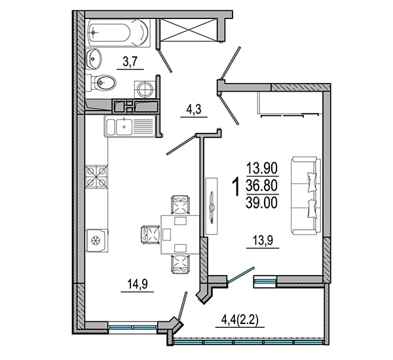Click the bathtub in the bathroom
click(x=118, y=33)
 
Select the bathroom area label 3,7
click(x=130, y=62)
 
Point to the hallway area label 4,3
click(x=194, y=109)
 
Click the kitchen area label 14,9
click(x=138, y=284)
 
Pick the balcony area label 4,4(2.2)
click(x=240, y=319)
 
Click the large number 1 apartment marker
click(x=235, y=187)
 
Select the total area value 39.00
click(x=262, y=202)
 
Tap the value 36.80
click(x=262, y=186)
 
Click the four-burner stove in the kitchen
click(x=97, y=177)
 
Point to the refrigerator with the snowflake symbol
click(x=97, y=240)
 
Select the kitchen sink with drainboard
click(x=130, y=126)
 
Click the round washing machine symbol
click(x=145, y=89)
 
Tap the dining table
click(x=180, y=234)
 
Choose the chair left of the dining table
click(x=151, y=234)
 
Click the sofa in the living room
click(x=306, y=196)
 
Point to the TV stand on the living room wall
click(x=212, y=206)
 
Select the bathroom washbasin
click(x=94, y=59)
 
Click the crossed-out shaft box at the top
click(x=188, y=30)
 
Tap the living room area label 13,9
click(x=263, y=241)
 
